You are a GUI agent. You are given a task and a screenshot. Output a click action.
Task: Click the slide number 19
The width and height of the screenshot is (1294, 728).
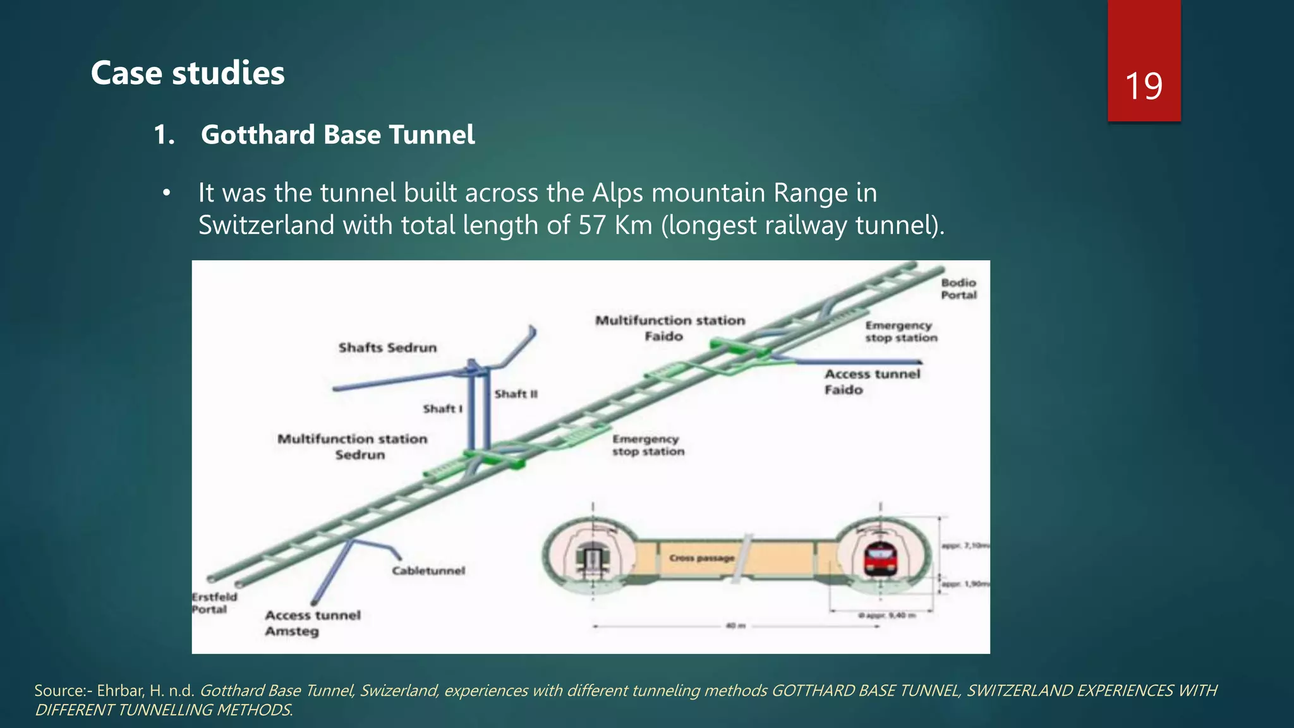point(1144,86)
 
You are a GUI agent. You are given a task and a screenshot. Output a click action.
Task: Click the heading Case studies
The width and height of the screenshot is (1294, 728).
point(188,73)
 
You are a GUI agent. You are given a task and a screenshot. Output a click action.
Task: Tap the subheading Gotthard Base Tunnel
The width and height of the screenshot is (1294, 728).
point(337,135)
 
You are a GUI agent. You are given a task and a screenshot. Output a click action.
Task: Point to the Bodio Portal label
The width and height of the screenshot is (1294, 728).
point(958,289)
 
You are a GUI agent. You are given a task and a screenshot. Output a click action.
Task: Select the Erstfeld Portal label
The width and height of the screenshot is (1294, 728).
point(214,603)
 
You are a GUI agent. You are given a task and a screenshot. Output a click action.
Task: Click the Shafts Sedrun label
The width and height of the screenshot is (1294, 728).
point(387,348)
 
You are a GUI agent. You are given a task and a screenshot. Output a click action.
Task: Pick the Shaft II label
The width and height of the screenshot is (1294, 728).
point(516,394)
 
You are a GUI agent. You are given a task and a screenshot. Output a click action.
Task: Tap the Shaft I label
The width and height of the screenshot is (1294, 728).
point(442,409)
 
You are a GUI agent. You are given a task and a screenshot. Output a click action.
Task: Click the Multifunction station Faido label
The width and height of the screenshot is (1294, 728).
point(670,328)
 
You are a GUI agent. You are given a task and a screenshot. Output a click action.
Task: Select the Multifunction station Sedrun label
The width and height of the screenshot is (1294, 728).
point(353,446)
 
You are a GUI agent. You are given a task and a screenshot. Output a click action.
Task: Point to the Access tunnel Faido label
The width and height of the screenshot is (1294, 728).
point(872,382)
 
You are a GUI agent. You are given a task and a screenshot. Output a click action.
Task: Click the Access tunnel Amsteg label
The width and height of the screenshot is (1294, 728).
point(312,623)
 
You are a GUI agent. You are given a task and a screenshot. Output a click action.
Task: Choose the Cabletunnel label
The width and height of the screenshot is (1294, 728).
point(428,571)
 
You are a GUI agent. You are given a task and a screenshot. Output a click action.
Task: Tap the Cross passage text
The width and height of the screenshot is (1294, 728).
point(701,558)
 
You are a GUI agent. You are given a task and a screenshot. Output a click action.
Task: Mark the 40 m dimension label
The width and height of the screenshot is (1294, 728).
point(735,626)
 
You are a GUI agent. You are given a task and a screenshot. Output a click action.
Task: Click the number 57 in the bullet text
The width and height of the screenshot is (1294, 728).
point(592,225)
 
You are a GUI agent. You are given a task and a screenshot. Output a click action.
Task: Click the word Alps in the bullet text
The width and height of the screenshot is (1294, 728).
point(618,193)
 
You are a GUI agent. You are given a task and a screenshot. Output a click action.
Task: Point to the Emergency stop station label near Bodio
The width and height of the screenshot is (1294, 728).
point(901,332)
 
